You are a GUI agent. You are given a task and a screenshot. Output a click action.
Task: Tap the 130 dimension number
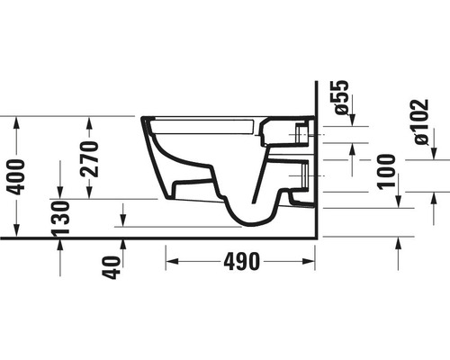(x=60, y=218)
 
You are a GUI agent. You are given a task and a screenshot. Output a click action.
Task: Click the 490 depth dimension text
(x=241, y=262)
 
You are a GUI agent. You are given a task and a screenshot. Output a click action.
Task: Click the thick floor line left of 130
(x=27, y=238)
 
